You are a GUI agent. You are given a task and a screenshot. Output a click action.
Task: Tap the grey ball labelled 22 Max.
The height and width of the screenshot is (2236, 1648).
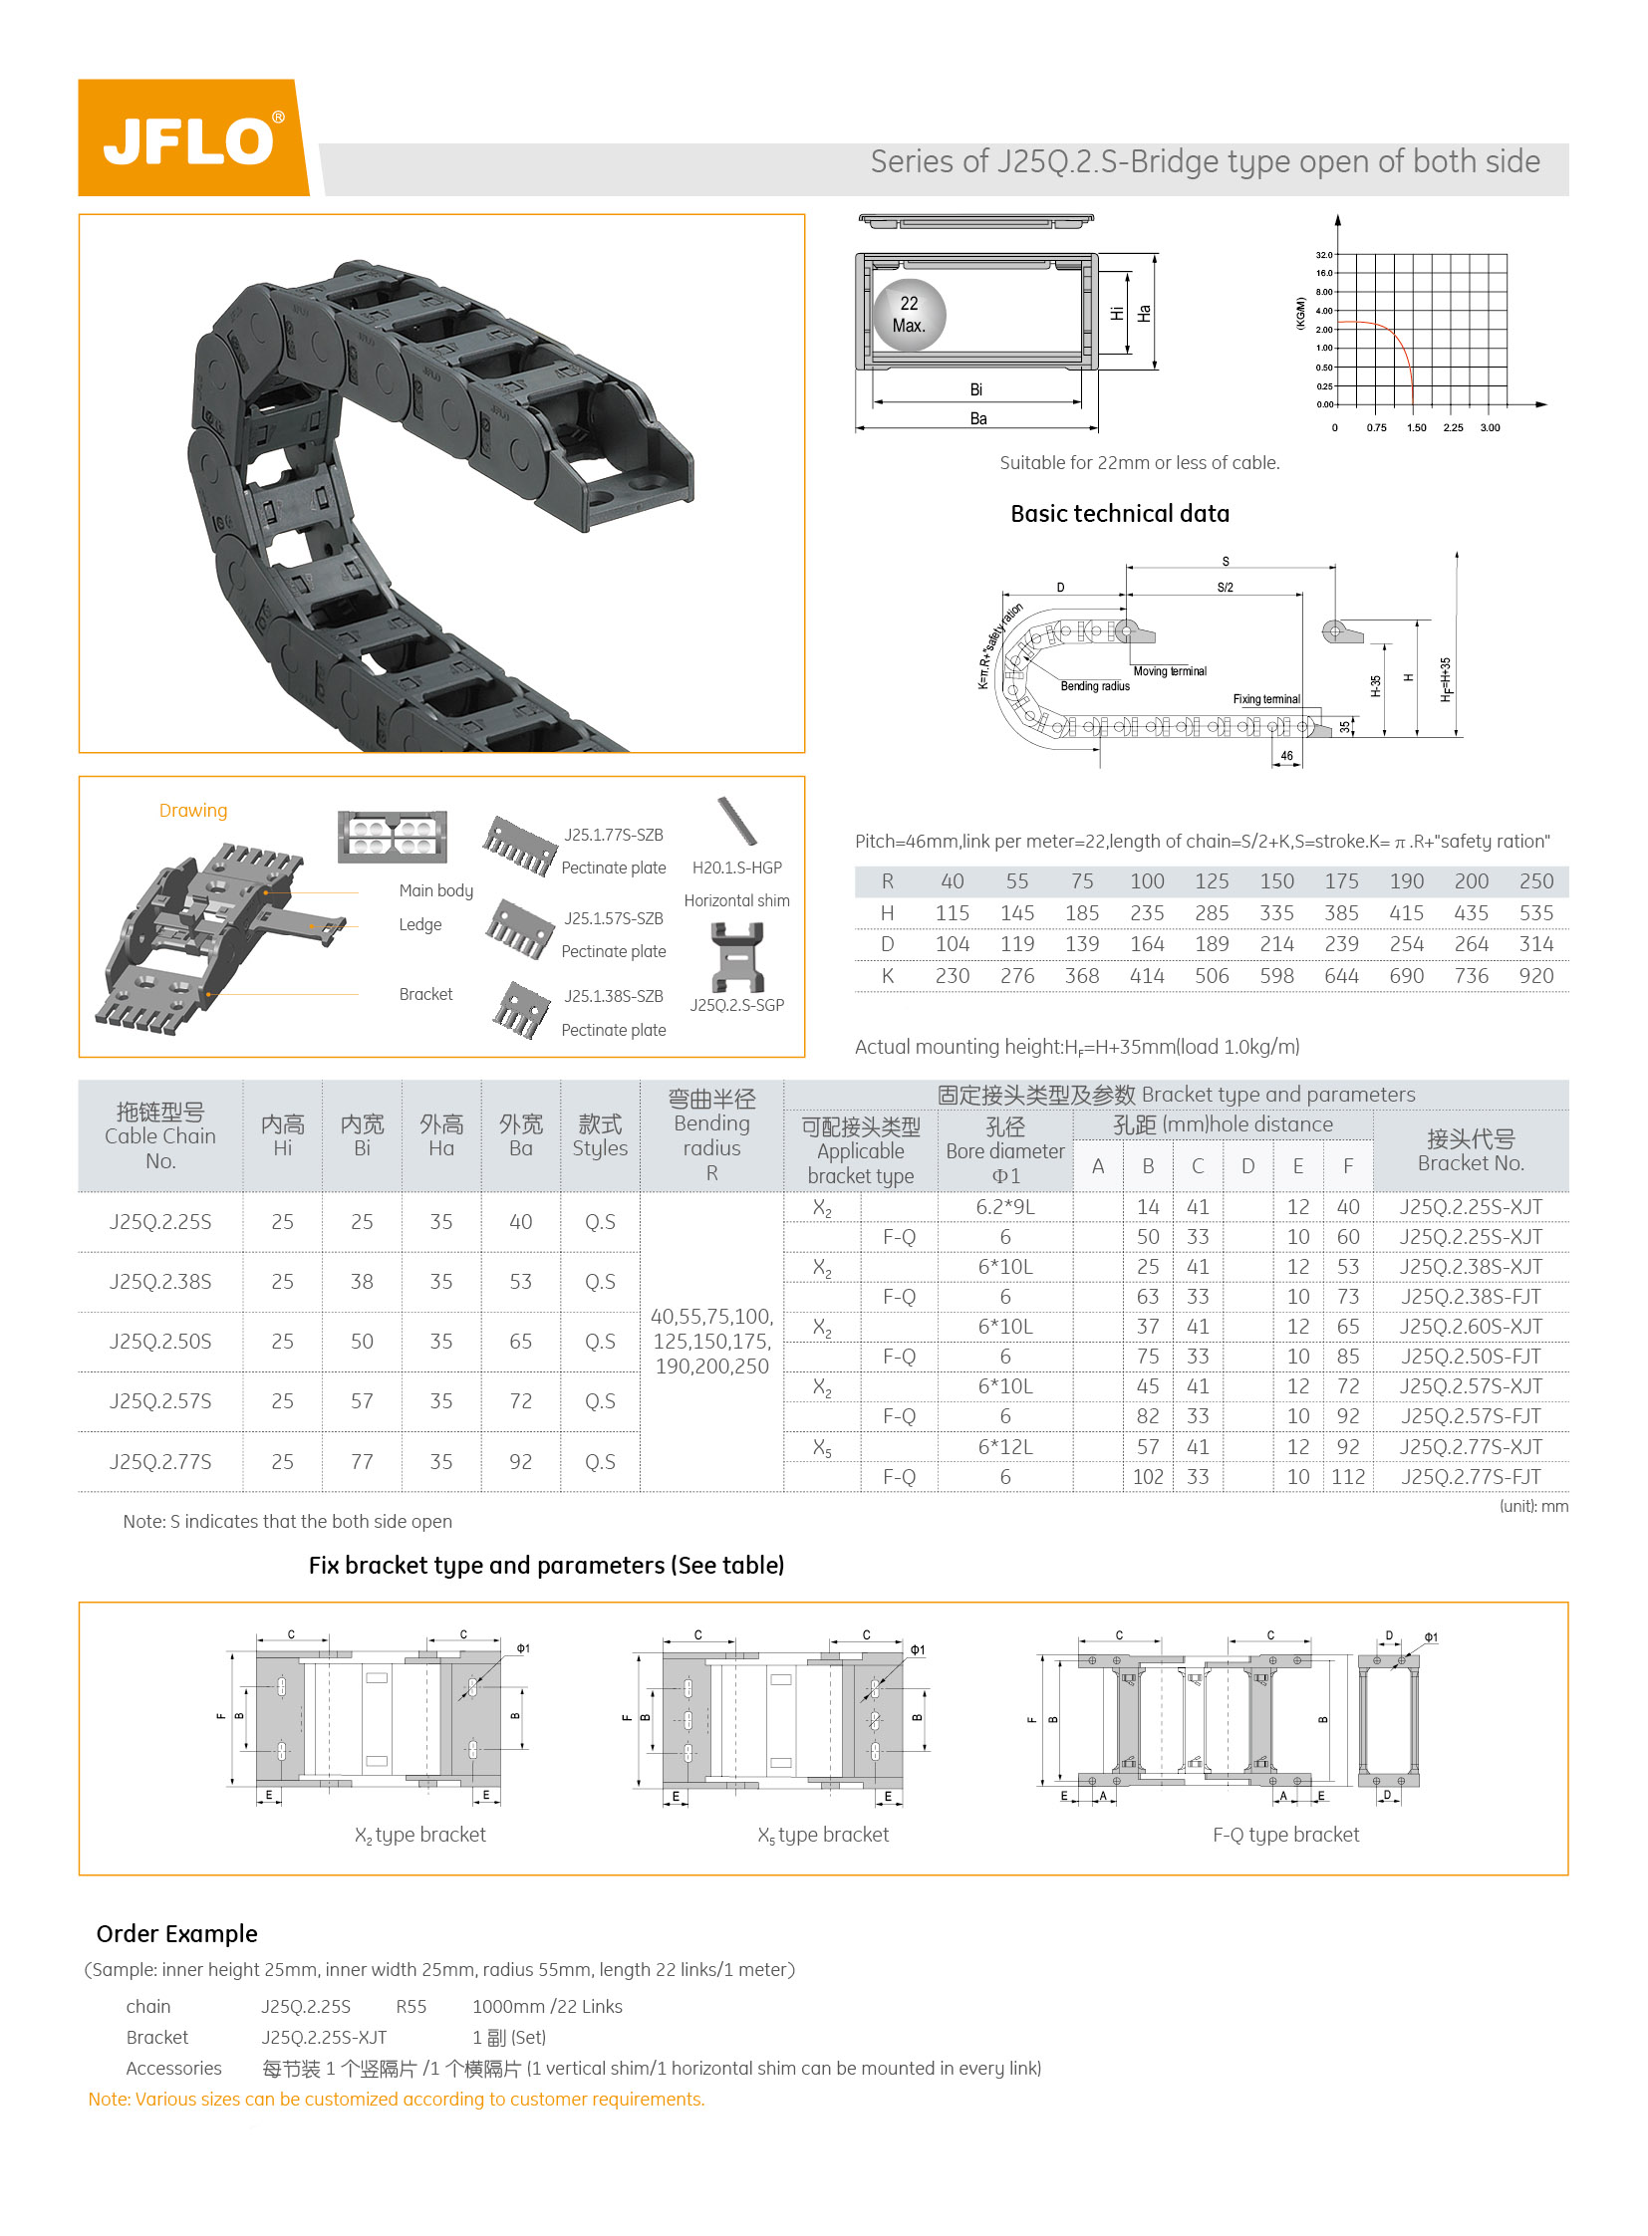point(909,315)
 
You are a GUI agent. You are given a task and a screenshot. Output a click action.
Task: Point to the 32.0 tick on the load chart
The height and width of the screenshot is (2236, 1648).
point(1324,255)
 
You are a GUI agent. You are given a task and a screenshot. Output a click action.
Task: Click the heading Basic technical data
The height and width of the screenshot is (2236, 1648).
point(1119,514)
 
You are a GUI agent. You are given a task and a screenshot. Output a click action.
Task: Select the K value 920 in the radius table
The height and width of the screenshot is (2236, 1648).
point(1535,976)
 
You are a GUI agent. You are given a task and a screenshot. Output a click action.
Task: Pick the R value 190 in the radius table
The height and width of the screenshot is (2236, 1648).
point(1406,881)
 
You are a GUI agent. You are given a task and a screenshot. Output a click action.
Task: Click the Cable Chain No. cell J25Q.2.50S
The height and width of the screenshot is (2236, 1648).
point(160,1342)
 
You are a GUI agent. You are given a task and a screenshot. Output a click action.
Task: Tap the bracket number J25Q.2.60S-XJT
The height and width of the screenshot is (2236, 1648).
point(1471,1327)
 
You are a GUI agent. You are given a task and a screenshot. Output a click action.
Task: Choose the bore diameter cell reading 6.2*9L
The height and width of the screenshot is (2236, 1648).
point(1004,1207)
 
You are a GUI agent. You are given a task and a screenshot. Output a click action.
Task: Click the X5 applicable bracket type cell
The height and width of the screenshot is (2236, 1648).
point(822,1447)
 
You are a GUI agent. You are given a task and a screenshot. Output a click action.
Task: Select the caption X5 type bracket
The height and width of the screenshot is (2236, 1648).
point(823,1835)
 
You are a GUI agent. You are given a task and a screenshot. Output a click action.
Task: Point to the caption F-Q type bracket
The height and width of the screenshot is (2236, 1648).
point(1285,1835)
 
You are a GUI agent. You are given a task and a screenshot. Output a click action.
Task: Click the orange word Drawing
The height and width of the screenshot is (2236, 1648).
point(193,811)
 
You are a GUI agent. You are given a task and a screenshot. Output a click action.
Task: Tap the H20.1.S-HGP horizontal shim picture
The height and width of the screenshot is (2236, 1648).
point(737,821)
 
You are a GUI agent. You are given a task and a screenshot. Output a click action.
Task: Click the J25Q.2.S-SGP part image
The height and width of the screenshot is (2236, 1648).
point(737,957)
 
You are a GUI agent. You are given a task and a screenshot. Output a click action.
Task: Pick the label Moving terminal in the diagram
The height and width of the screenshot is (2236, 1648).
point(1169,671)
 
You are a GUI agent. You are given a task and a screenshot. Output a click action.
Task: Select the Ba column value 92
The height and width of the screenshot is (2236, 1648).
point(521,1462)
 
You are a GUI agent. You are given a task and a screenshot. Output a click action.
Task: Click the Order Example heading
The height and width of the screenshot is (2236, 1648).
point(176,1934)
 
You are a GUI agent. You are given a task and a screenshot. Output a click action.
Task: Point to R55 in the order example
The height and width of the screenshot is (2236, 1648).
point(411,2007)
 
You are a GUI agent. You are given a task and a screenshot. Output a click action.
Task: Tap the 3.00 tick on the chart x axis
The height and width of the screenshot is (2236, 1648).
point(1490,428)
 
